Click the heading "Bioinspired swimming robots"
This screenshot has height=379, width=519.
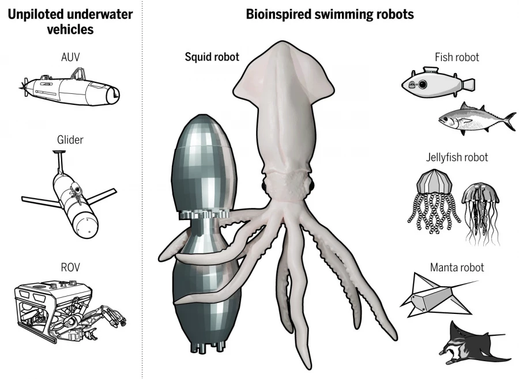click(x=330, y=14)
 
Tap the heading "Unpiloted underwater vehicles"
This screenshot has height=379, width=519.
click(x=70, y=21)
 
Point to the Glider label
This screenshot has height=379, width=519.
click(x=70, y=140)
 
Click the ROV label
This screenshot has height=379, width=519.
click(x=70, y=268)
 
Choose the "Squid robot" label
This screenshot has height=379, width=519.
click(x=212, y=56)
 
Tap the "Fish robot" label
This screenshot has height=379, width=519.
click(x=457, y=57)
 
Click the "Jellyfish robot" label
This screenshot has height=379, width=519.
click(x=457, y=157)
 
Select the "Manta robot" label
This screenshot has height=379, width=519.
click(x=457, y=267)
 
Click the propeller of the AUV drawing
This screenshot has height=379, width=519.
click(x=23, y=87)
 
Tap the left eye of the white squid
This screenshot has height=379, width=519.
click(x=266, y=186)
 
